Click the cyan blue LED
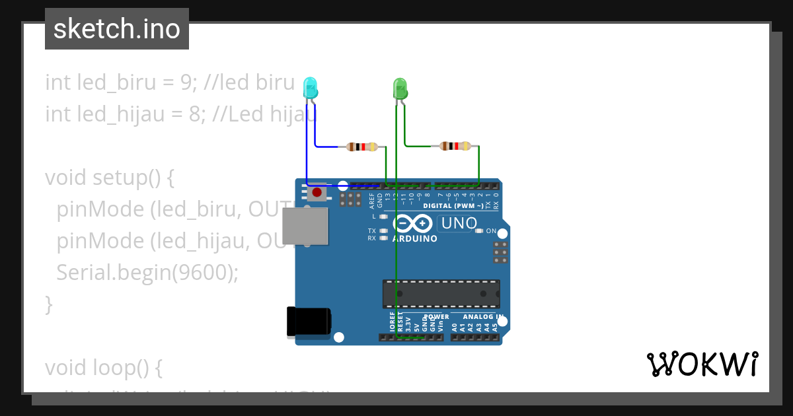point(310,88)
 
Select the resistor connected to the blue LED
point(362,147)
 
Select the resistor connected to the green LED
point(455,146)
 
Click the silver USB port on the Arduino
point(305,226)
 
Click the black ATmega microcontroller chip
point(441,294)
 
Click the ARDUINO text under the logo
point(414,238)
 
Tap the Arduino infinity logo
point(412,223)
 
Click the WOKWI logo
point(702,364)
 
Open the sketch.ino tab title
point(117,29)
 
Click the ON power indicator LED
point(480,231)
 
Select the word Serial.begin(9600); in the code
point(147,273)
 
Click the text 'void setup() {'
point(109,178)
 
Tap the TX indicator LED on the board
point(383,231)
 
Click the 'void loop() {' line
point(103,366)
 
